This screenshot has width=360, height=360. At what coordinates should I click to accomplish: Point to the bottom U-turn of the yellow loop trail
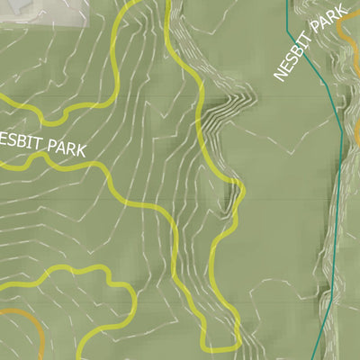click(221, 347)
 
